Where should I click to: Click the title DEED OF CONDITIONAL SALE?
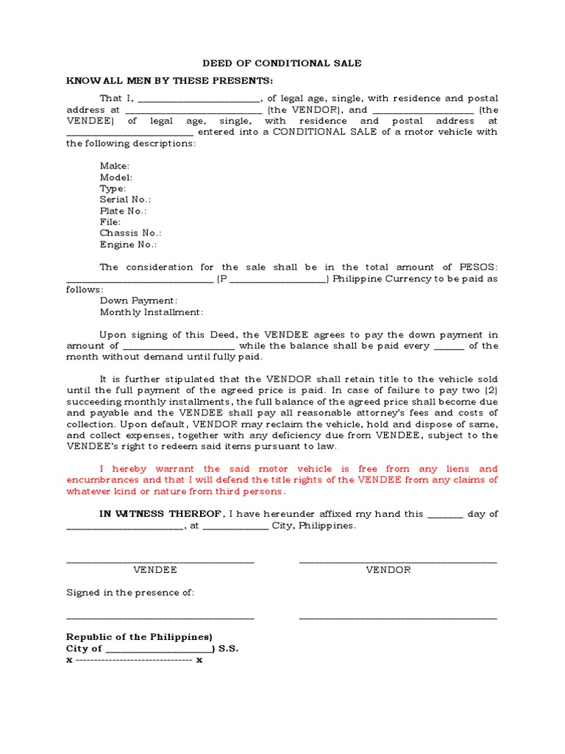pyautogui.click(x=282, y=63)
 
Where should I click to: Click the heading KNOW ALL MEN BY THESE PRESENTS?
pyautogui.click(x=170, y=80)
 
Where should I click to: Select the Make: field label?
pyautogui.click(x=115, y=166)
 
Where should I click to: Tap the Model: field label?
pyautogui.click(x=116, y=177)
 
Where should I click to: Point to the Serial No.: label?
pyautogui.click(x=125, y=200)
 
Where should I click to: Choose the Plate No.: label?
pyautogui.click(x=123, y=211)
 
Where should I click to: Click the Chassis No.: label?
pyautogui.click(x=130, y=233)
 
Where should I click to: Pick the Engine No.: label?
pyautogui.click(x=128, y=244)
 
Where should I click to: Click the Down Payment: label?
pyautogui.click(x=138, y=300)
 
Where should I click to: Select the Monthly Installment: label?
pyautogui.click(x=151, y=312)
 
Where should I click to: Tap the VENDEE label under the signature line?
pyautogui.click(x=154, y=570)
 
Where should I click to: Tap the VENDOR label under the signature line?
pyautogui.click(x=388, y=570)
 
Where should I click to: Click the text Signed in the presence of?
pyautogui.click(x=130, y=592)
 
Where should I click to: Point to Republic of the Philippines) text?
pyautogui.click(x=139, y=637)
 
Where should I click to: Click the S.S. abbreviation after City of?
pyautogui.click(x=228, y=649)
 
